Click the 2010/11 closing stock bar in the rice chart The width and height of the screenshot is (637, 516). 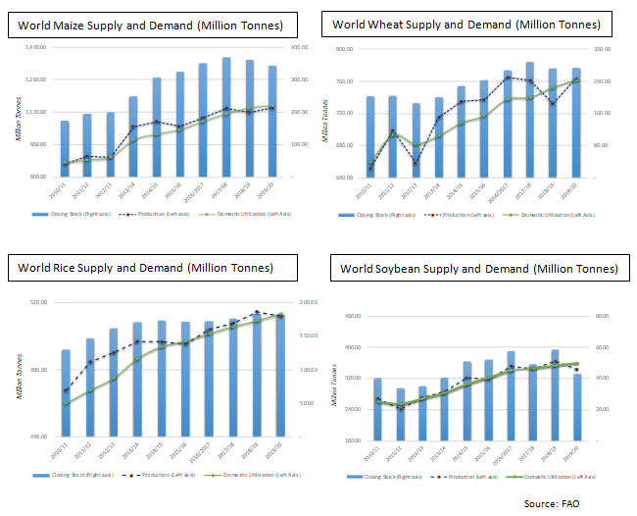click(66, 392)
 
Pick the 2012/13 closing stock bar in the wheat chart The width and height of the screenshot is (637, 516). click(416, 140)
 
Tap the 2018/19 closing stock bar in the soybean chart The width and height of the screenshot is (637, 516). click(555, 394)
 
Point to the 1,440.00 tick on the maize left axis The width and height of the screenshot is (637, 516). click(35, 47)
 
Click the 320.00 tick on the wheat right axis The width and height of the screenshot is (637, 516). click(602, 49)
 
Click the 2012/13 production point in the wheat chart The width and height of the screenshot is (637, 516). click(416, 162)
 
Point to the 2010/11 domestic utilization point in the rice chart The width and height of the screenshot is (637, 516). click(66, 404)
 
